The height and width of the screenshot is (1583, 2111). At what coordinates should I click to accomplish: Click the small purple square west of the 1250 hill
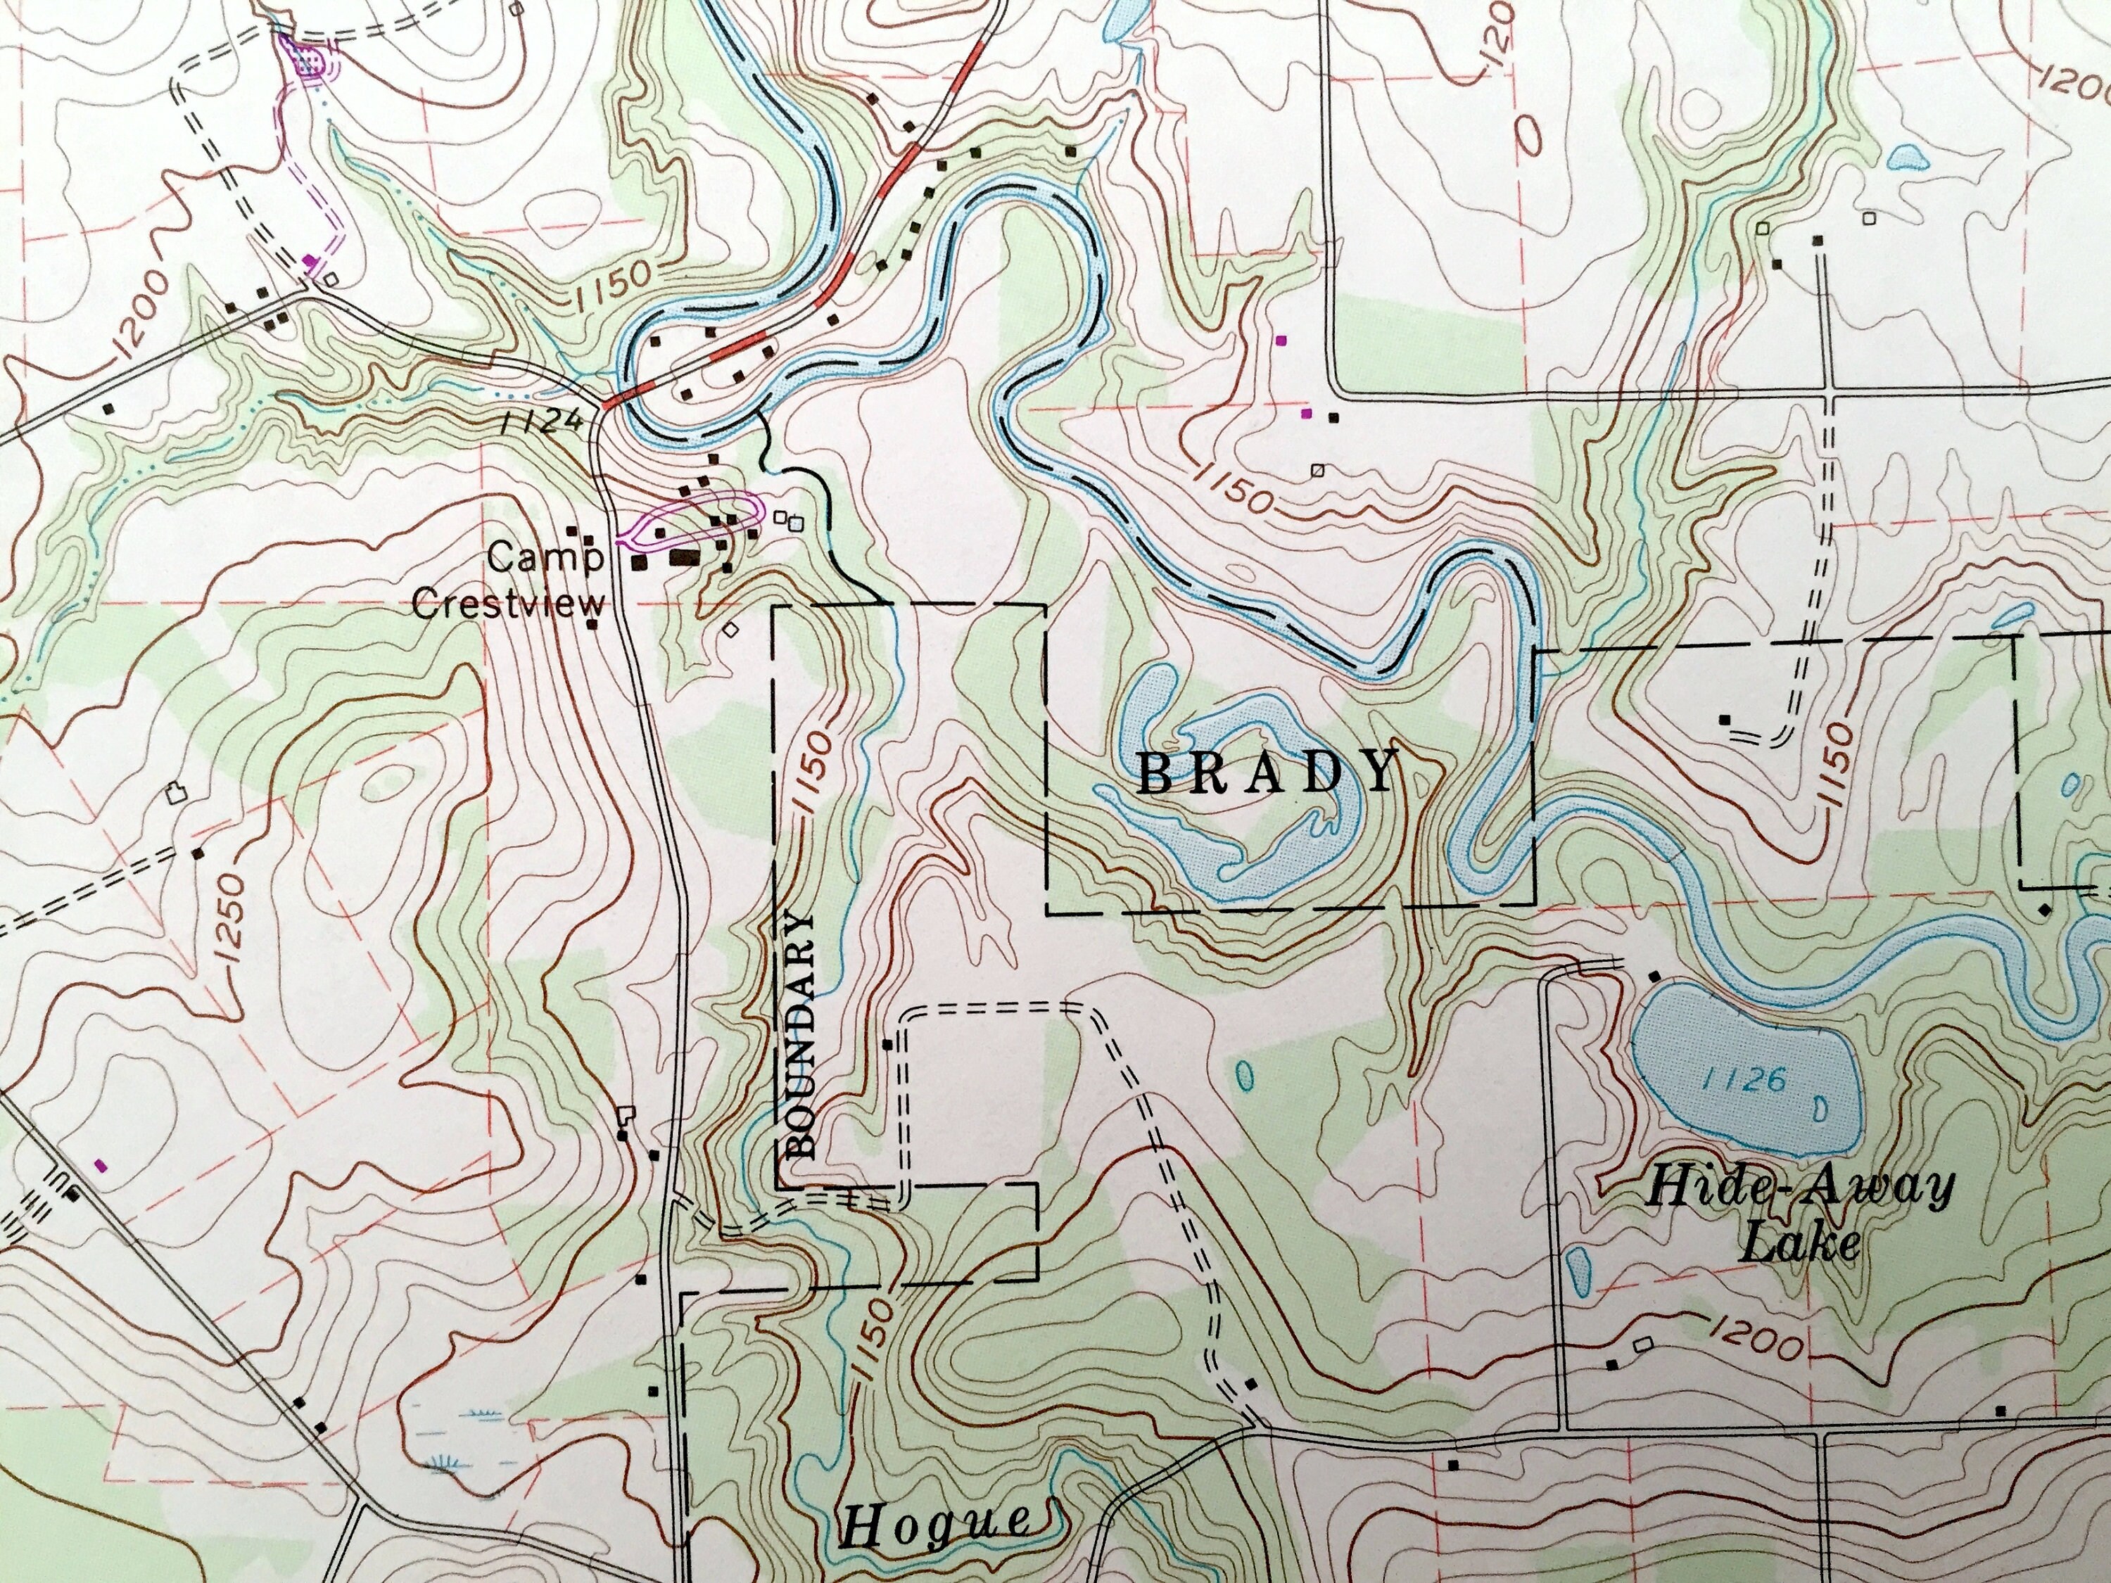pos(101,1165)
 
